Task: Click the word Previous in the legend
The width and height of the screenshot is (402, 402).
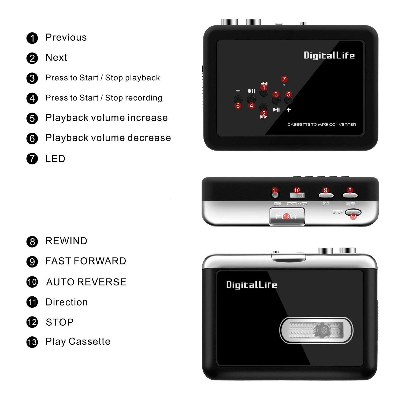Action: [66, 38]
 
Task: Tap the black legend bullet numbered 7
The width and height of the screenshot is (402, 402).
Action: [32, 159]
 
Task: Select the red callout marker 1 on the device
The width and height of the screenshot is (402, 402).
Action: [264, 87]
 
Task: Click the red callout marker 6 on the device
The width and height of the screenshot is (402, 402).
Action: [238, 106]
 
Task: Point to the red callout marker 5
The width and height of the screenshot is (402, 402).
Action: [288, 94]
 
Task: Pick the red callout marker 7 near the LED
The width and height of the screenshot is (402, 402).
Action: [284, 79]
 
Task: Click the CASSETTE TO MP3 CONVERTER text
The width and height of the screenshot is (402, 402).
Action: [322, 124]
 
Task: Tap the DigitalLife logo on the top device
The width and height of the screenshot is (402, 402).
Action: [329, 55]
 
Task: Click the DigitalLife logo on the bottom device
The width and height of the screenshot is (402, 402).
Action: [252, 284]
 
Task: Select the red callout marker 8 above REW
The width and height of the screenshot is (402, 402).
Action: [350, 190]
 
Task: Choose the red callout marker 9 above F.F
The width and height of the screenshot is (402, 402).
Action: [325, 190]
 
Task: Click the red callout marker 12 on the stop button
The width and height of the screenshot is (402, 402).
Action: [353, 217]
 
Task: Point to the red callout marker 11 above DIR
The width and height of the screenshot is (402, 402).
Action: [275, 191]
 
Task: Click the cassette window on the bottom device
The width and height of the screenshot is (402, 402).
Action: [316, 330]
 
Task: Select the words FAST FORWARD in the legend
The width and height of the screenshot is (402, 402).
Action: [86, 261]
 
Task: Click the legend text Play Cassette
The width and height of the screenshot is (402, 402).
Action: [78, 341]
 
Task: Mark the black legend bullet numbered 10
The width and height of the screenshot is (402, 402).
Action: [32, 282]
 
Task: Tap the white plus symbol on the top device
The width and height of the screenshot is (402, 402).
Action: [289, 110]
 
